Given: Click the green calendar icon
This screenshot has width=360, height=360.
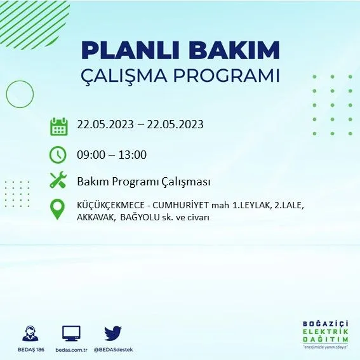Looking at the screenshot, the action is [x=59, y=126].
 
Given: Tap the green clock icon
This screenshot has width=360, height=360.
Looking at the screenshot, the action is [x=58, y=154].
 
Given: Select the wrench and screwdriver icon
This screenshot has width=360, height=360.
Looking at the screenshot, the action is [x=58, y=180].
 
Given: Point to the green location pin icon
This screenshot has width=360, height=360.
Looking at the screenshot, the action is [x=57, y=209].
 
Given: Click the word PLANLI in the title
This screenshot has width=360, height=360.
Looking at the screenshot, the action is [x=130, y=50].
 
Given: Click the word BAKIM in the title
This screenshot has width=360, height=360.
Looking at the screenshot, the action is [x=234, y=50].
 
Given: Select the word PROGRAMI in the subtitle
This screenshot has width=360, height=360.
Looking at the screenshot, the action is [x=227, y=75].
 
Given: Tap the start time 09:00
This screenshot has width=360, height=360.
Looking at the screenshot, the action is [x=91, y=154].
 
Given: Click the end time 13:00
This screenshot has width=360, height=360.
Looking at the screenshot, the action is [x=133, y=154].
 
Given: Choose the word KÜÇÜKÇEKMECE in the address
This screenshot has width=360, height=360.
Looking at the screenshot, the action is [x=110, y=205].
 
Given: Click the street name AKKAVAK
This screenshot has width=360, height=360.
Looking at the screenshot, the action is [x=96, y=217].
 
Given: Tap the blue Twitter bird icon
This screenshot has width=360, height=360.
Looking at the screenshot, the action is [x=113, y=333].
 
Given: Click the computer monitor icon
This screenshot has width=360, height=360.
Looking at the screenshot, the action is [x=71, y=333].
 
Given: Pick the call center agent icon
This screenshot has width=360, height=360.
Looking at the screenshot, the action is [x=30, y=333].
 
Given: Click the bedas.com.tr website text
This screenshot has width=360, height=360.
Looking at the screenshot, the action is [x=71, y=350].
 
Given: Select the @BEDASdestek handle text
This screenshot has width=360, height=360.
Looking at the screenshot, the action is [x=113, y=350].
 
